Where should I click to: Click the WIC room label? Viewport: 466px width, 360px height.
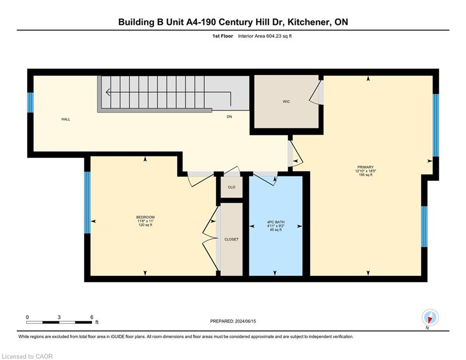click(x=286, y=102)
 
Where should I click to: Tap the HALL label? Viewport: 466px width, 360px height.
click(x=66, y=120)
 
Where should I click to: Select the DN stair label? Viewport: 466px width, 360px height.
click(x=229, y=117)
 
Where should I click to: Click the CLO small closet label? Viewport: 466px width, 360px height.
click(x=231, y=187)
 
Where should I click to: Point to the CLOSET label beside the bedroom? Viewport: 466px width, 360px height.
click(x=231, y=239)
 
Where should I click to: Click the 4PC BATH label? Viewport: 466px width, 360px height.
click(x=276, y=222)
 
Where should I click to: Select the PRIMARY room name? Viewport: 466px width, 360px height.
click(x=366, y=167)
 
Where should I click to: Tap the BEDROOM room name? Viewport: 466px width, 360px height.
click(x=145, y=217)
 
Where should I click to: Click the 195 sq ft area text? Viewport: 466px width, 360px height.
click(x=366, y=175)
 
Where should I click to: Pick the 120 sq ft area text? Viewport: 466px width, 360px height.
click(x=145, y=225)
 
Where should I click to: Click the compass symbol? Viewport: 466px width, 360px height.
click(x=430, y=318)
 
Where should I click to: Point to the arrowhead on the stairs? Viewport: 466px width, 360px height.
click(x=108, y=92)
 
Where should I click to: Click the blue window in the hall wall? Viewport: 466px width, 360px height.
click(x=30, y=102)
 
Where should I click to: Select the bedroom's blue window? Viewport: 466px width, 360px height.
click(x=88, y=202)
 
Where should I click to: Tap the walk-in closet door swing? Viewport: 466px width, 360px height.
click(x=315, y=92)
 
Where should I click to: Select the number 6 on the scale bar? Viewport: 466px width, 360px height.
click(x=92, y=317)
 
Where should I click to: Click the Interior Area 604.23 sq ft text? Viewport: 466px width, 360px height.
click(x=265, y=36)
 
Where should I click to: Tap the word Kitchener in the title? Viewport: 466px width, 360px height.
click(x=309, y=22)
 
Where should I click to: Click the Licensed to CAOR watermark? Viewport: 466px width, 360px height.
click(x=27, y=356)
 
